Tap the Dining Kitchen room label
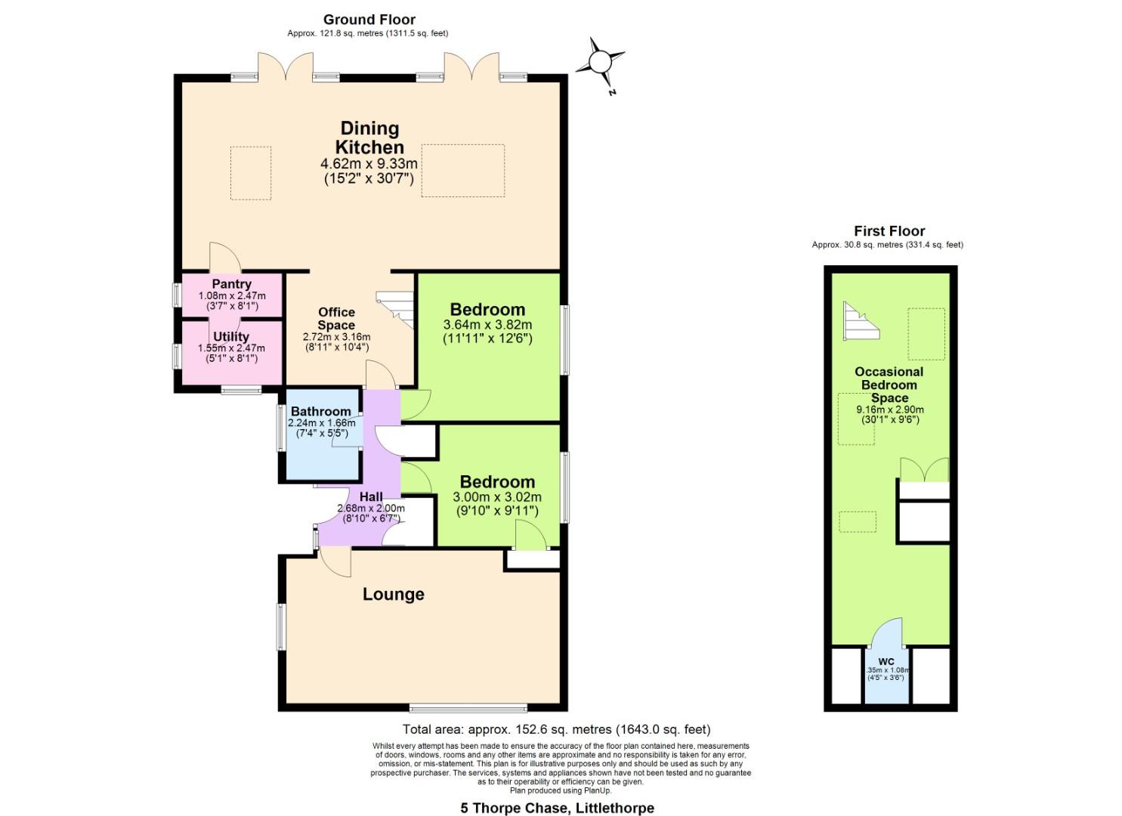369,138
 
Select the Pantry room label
231,284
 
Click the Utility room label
231,336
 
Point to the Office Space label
336,318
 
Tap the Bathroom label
321,412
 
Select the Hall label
371,496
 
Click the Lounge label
393,595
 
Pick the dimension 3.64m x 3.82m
487,325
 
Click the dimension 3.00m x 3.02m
496,497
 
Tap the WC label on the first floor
886,661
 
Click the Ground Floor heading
369,20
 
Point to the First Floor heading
889,231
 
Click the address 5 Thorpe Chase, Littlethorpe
557,808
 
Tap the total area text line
556,730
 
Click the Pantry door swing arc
224,257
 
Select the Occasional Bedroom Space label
889,385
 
